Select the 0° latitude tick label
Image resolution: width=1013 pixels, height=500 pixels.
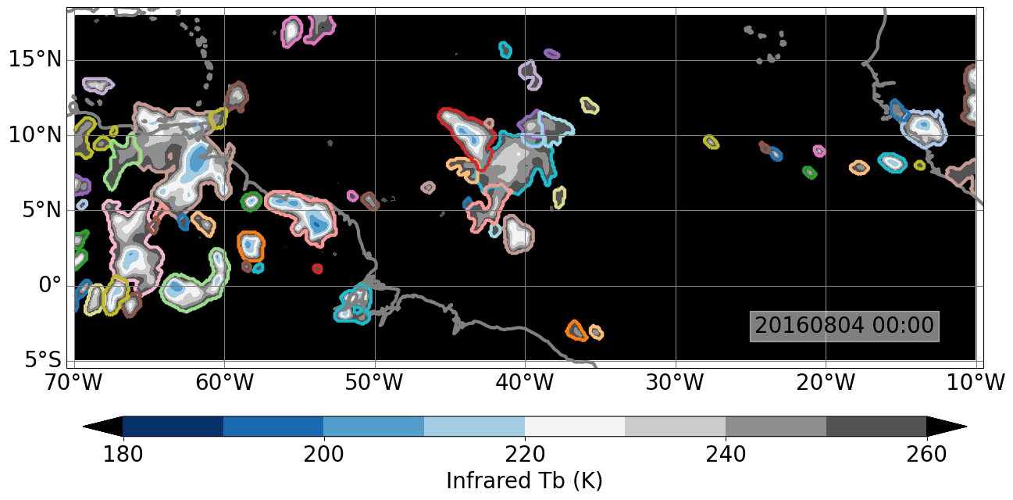tap(49, 286)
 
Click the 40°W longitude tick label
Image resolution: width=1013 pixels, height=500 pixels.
tap(525, 383)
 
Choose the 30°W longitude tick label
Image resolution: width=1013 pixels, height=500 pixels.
tap(675, 383)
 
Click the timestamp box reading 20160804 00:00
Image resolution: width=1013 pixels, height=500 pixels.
tap(844, 326)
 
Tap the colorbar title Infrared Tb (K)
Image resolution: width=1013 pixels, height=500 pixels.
tap(524, 480)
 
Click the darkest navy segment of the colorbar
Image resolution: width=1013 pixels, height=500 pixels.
tap(173, 427)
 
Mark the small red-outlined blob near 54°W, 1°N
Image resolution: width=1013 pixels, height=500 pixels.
tap(317, 269)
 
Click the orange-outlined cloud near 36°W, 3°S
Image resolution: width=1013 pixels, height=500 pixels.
tap(576, 330)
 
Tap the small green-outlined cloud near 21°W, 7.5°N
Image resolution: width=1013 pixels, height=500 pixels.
tap(810, 173)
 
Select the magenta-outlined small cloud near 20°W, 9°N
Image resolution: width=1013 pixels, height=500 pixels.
tap(819, 151)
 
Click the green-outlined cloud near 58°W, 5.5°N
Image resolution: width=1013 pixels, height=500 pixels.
tap(251, 202)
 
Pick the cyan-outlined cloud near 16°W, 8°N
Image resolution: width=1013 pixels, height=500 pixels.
tap(891, 162)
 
